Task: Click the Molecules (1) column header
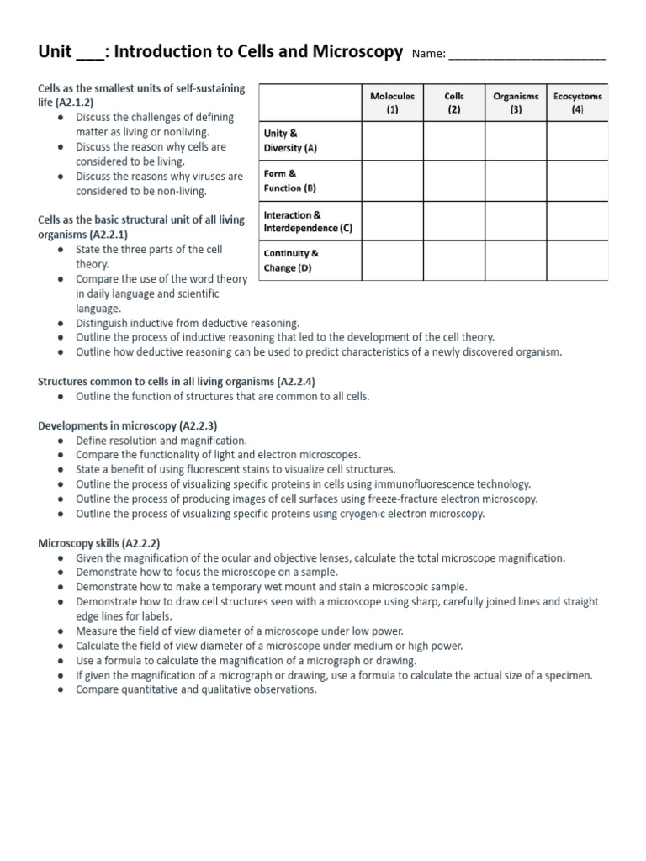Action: point(393,103)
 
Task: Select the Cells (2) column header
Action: point(454,103)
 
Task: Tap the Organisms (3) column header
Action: point(516,103)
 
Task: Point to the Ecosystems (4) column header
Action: point(578,103)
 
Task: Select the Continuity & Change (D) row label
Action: point(292,261)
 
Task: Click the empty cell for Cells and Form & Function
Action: point(454,181)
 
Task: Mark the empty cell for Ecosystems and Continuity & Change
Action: point(578,261)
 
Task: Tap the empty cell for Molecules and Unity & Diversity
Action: point(393,140)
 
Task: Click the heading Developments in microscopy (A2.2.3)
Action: point(128,426)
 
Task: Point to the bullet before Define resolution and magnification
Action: point(63,441)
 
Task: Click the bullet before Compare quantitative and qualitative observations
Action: point(63,689)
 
